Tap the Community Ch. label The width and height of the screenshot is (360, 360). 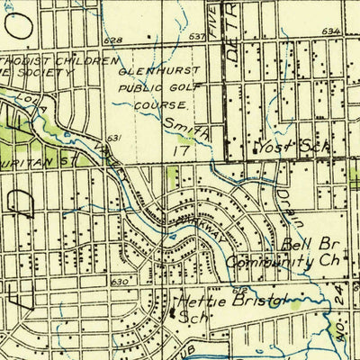[x=272, y=261]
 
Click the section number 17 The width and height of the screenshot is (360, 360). [x=184, y=154]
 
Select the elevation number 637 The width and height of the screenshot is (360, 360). [x=198, y=37]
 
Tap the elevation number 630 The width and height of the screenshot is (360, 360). [x=118, y=282]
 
